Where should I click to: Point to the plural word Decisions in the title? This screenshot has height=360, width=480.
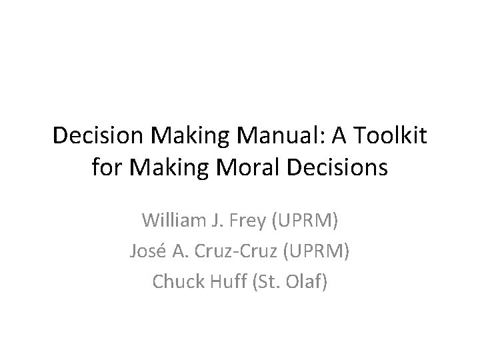(335, 167)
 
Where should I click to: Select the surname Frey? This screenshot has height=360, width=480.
(254, 219)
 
